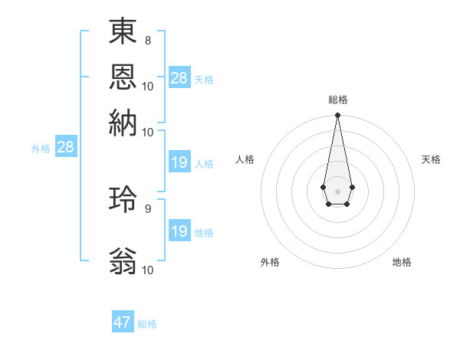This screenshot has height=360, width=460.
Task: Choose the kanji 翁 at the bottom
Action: coord(123,260)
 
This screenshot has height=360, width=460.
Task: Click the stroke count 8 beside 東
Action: coord(147,41)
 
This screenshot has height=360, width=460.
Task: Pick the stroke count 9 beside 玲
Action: coord(147,208)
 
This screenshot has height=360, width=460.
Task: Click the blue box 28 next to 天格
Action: coord(179,78)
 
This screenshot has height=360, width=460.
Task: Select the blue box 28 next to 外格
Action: coord(66,148)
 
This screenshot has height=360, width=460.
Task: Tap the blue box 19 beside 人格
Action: coord(179,162)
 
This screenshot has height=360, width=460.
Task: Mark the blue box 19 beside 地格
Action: coord(179,231)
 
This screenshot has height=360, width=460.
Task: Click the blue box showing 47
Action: coord(123,322)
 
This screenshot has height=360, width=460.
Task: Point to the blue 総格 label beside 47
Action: coord(147,324)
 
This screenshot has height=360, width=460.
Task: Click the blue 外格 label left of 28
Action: coord(41,149)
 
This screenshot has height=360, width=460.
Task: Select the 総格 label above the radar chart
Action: coord(338,100)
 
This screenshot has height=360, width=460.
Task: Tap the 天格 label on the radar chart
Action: coord(432,159)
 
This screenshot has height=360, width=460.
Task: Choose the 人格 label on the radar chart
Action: coord(245,159)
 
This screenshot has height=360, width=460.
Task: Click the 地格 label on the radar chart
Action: coord(402,262)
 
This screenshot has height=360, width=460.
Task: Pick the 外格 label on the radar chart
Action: coord(270,262)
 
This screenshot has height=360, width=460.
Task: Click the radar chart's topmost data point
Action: coord(337,116)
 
